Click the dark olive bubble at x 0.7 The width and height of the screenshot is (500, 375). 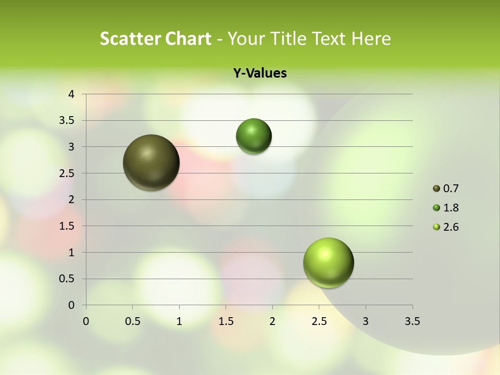coord(152,162)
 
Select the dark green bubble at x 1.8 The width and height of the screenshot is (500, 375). coord(254,136)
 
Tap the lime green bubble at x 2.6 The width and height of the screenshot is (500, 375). coord(328,262)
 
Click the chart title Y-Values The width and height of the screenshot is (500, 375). coord(259,73)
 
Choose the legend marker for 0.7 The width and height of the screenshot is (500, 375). coord(436,189)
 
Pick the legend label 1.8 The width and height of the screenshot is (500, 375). coord(451,208)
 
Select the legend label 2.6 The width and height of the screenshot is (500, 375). coord(451,227)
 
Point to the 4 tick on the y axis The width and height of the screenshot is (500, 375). coord(72,94)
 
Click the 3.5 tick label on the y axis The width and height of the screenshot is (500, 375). coord(67,121)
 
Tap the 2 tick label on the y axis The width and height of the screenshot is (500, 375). coord(72,199)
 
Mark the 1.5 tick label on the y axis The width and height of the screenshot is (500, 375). coord(67,226)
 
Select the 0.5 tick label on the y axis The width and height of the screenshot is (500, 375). coord(67,279)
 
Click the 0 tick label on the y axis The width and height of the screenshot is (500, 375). coord(72,305)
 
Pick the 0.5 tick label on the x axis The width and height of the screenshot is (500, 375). coord(133,321)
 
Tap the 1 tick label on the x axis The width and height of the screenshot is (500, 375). coord(179,321)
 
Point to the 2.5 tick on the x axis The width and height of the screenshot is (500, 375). coord(319,321)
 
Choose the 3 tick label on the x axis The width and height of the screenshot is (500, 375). coord(366,321)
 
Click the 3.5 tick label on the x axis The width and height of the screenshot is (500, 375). coord(413,321)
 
